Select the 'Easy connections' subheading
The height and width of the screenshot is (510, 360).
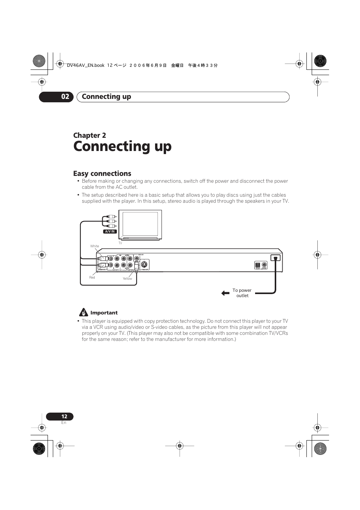coord(102,174)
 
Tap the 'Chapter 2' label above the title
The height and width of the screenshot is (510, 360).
coord(89,136)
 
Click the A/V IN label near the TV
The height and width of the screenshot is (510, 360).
coord(110,231)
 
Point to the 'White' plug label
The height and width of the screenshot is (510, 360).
coord(94,246)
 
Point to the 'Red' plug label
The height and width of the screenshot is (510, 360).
coord(92,277)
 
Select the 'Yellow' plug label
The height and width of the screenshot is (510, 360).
coord(127,279)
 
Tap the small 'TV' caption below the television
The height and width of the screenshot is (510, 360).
coord(120,243)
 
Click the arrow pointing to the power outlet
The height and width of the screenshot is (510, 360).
coord(225,293)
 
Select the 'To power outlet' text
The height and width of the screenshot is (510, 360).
coord(242,293)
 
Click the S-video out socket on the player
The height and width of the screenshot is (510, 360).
coord(144,265)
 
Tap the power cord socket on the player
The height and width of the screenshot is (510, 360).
coord(275,259)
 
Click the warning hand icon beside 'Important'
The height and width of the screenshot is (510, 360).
coord(83,312)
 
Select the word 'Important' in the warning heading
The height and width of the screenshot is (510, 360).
coord(104,313)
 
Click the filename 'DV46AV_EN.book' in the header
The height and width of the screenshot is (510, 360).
coord(85,65)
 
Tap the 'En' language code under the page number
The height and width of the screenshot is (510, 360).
coord(63,423)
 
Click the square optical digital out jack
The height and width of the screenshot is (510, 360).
coord(258,265)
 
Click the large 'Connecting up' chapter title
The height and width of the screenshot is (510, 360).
coord(122,146)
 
